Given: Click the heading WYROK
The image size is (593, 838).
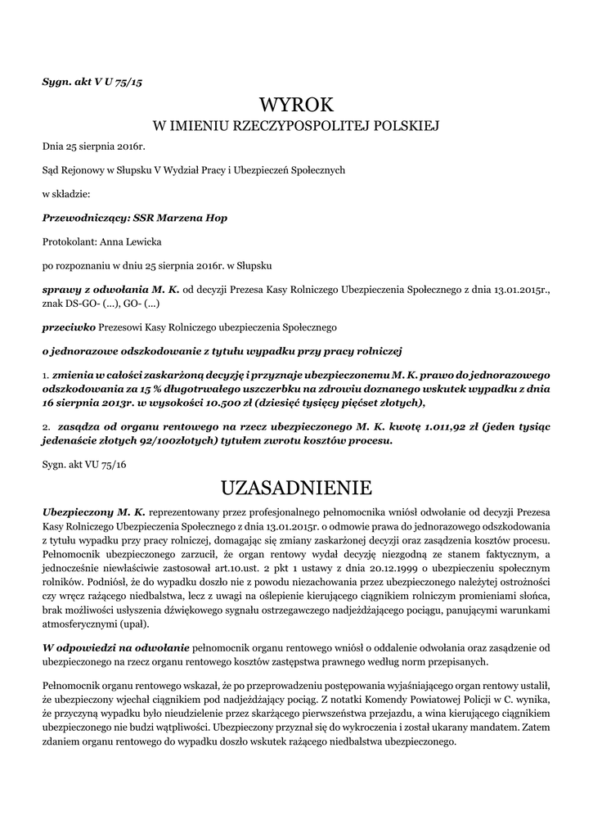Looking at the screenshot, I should pyautogui.click(x=297, y=105).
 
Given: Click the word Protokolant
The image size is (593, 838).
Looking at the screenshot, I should pyautogui.click(x=70, y=242).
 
